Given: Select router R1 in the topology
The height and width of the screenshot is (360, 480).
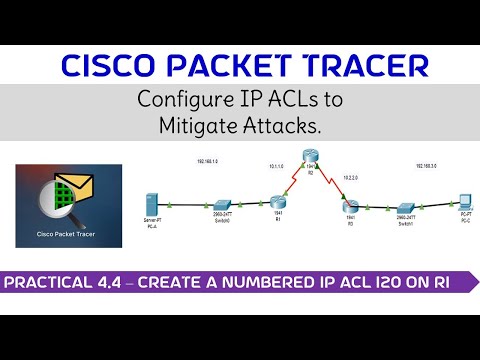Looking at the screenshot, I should click(277, 201).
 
